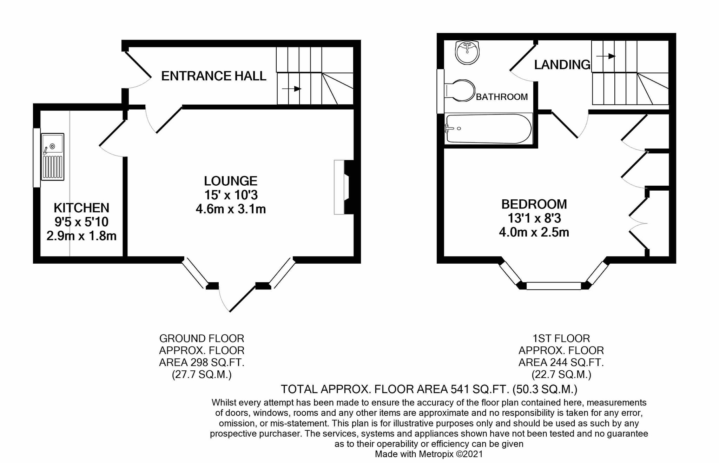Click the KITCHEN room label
(81, 208)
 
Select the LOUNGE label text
(231, 181)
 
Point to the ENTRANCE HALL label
(213, 76)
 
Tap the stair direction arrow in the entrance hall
(292, 89)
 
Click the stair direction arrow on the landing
(606, 56)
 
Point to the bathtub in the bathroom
(488, 128)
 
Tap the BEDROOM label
(534, 204)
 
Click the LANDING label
(562, 65)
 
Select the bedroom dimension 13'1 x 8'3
(534, 218)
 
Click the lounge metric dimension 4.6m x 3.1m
(231, 209)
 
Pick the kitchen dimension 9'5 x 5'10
(81, 222)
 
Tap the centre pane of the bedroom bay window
(554, 286)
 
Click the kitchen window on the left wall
(37, 158)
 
